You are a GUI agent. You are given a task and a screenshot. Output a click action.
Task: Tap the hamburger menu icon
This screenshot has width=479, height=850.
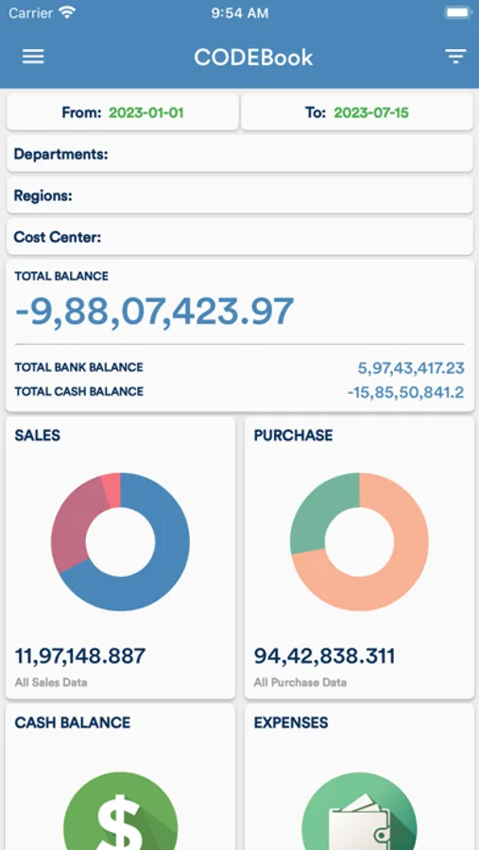click(x=33, y=57)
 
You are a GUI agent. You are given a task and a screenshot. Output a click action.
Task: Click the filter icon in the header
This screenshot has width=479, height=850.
click(x=455, y=57)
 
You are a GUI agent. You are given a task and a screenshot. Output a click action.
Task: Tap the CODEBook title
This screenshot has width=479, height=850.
click(x=253, y=57)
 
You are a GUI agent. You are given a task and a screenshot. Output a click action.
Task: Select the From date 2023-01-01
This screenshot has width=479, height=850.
click(x=145, y=112)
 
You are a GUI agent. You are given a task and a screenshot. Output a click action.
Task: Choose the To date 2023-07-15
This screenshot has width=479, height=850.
click(x=371, y=112)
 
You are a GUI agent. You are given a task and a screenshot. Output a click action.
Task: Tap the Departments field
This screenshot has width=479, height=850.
click(x=239, y=154)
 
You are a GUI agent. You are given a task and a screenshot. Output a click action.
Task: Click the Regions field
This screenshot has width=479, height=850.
click(x=239, y=195)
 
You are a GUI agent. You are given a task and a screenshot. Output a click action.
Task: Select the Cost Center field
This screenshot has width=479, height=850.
click(x=239, y=237)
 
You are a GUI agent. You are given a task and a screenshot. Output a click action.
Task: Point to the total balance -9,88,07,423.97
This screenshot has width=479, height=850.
click(x=155, y=311)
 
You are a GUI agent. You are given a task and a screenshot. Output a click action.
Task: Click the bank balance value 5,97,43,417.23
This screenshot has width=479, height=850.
click(x=411, y=367)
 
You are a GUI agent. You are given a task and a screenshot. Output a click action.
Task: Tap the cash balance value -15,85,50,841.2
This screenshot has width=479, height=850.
click(x=405, y=391)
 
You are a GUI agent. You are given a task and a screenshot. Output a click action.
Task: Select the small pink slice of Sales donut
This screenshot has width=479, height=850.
click(x=111, y=489)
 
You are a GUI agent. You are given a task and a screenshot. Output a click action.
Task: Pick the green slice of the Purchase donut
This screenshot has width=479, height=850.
click(x=316, y=510)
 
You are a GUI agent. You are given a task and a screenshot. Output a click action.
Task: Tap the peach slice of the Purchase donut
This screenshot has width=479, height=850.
click(x=397, y=567)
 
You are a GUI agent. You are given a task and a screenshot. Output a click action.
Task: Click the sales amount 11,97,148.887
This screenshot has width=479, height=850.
click(x=80, y=655)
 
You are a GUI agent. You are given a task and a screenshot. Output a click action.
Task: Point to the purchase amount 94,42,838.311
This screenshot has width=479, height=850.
click(x=324, y=655)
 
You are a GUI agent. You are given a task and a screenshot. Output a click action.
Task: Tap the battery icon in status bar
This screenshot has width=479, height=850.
click(x=456, y=13)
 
